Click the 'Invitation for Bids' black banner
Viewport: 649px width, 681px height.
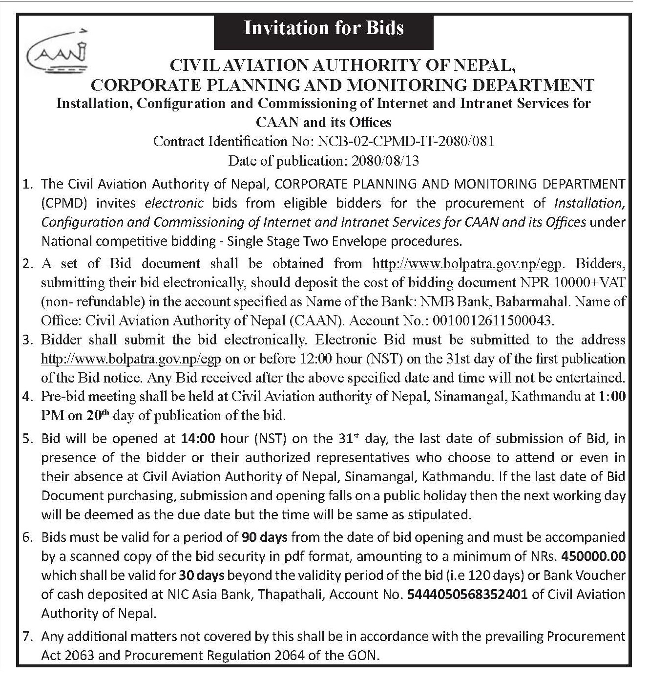click(324, 28)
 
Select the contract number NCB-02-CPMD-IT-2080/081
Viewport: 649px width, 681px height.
click(406, 142)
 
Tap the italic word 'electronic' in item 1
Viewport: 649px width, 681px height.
click(174, 203)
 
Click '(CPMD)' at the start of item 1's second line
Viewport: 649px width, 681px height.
click(62, 203)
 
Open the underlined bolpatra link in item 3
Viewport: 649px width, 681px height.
click(131, 359)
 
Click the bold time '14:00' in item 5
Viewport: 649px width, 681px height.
click(198, 439)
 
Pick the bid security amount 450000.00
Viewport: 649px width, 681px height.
click(594, 556)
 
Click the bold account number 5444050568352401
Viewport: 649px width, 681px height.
click(468, 595)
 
